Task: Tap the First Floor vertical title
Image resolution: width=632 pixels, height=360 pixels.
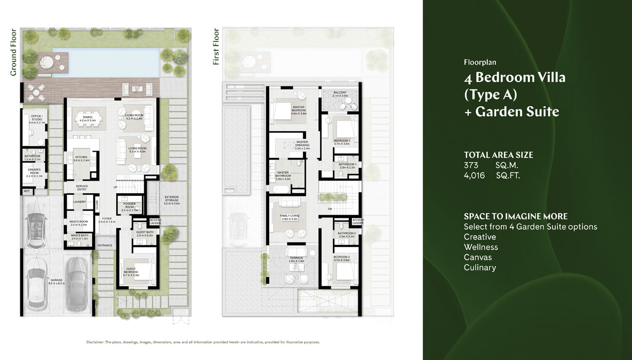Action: [x=216, y=47]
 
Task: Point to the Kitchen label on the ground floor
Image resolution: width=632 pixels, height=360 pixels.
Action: [x=81, y=158]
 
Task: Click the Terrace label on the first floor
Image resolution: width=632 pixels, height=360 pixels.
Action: [x=297, y=259]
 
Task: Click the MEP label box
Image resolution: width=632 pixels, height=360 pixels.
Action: [x=26, y=191]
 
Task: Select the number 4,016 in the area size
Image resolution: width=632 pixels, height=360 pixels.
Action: [x=474, y=175]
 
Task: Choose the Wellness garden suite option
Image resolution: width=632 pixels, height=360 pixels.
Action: [x=481, y=247]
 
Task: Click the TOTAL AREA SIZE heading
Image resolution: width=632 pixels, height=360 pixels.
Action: [x=498, y=155]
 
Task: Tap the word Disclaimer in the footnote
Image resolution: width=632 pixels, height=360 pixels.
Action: [x=95, y=343]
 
